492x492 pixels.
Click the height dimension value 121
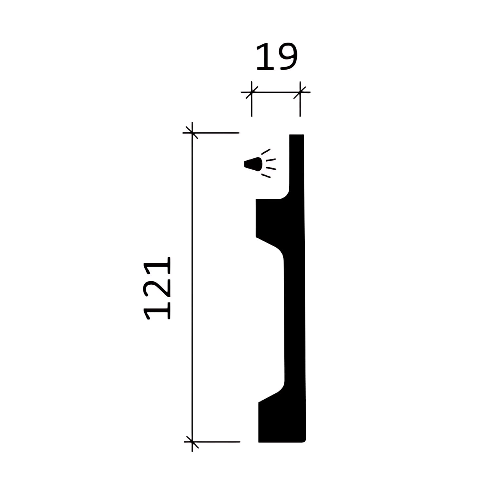(x=158, y=288)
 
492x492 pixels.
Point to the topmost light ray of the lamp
(x=266, y=152)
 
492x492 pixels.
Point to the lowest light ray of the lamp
(x=266, y=176)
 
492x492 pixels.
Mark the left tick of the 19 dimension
(x=252, y=92)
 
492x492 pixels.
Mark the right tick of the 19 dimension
(x=300, y=92)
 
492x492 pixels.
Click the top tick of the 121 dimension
(x=192, y=133)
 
